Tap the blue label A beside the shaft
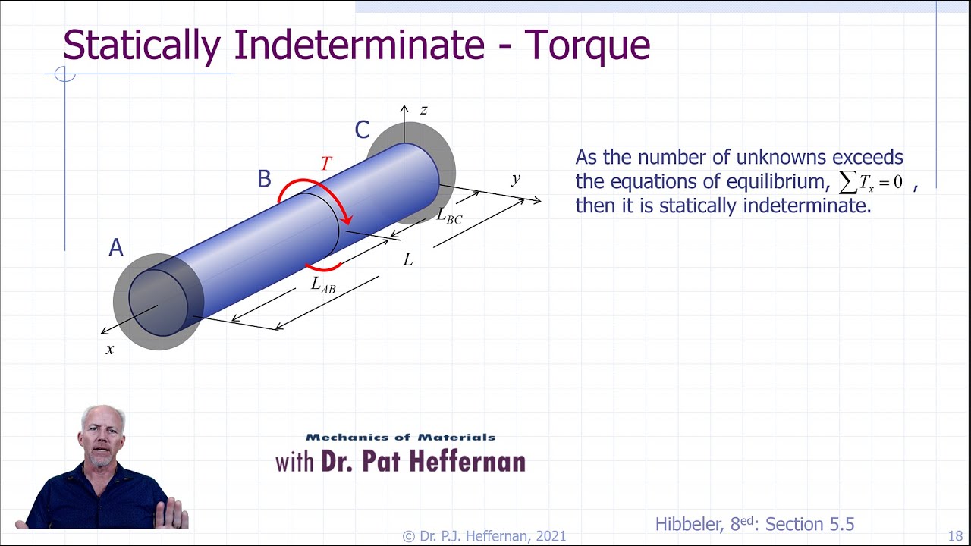point(116,248)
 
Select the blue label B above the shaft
point(264,179)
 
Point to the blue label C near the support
point(362,130)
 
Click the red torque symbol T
point(326,164)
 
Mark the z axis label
point(423,111)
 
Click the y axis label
point(516,179)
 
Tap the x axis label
point(110,350)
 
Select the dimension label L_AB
point(322,285)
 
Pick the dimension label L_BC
point(448,215)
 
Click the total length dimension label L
point(408,260)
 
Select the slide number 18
point(955,536)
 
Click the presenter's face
point(101,436)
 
